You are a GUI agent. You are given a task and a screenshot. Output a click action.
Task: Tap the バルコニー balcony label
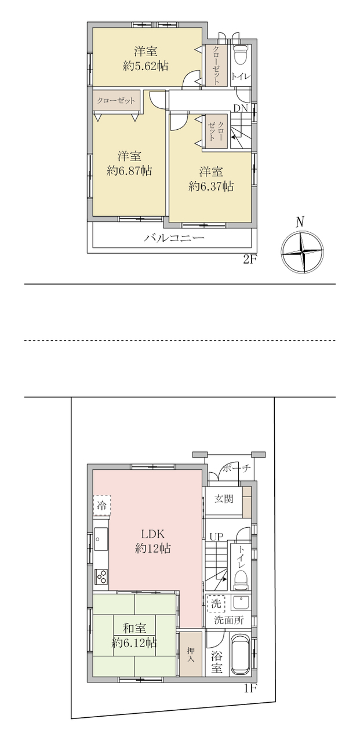[174, 238]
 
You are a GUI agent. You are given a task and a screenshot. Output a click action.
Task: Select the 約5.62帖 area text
[146, 66]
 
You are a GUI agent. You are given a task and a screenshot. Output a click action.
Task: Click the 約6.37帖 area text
[211, 186]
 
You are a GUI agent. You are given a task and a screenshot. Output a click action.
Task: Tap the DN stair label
[241, 108]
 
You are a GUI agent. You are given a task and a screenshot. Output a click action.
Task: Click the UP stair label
[216, 536]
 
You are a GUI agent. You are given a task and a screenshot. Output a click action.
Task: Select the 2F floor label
[250, 260]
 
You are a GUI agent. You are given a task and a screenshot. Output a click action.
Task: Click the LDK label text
[153, 534]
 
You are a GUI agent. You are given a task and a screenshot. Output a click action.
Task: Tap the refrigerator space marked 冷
[101, 505]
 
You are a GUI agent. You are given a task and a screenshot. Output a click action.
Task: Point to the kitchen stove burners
[101, 577]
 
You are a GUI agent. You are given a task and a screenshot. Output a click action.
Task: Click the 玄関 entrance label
[224, 498]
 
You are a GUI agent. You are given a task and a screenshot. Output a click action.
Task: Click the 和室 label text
[134, 628]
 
